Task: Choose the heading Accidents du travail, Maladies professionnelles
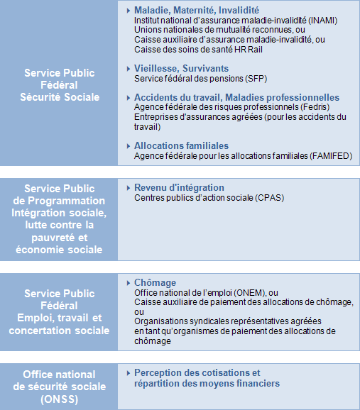click(x=236, y=97)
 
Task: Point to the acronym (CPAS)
click(x=269, y=197)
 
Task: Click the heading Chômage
click(x=155, y=282)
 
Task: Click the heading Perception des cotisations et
click(x=197, y=373)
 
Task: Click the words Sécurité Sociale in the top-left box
click(x=60, y=96)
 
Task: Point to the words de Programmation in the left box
click(x=60, y=201)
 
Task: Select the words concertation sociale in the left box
click(x=60, y=330)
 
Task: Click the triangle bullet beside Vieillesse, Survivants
click(x=128, y=69)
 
